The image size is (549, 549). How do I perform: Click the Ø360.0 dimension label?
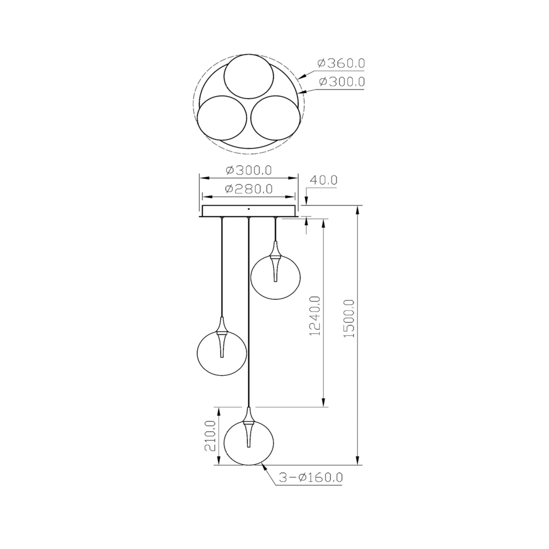tap(341, 63)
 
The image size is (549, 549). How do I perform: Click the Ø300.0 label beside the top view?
tap(341, 82)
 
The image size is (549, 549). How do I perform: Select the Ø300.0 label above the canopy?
tap(248, 171)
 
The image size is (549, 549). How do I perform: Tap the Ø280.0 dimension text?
tap(248, 189)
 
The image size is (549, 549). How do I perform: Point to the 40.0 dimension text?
tap(323, 180)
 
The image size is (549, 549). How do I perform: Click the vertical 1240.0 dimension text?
tap(316, 316)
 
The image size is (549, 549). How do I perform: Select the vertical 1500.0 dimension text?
tap(349, 319)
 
